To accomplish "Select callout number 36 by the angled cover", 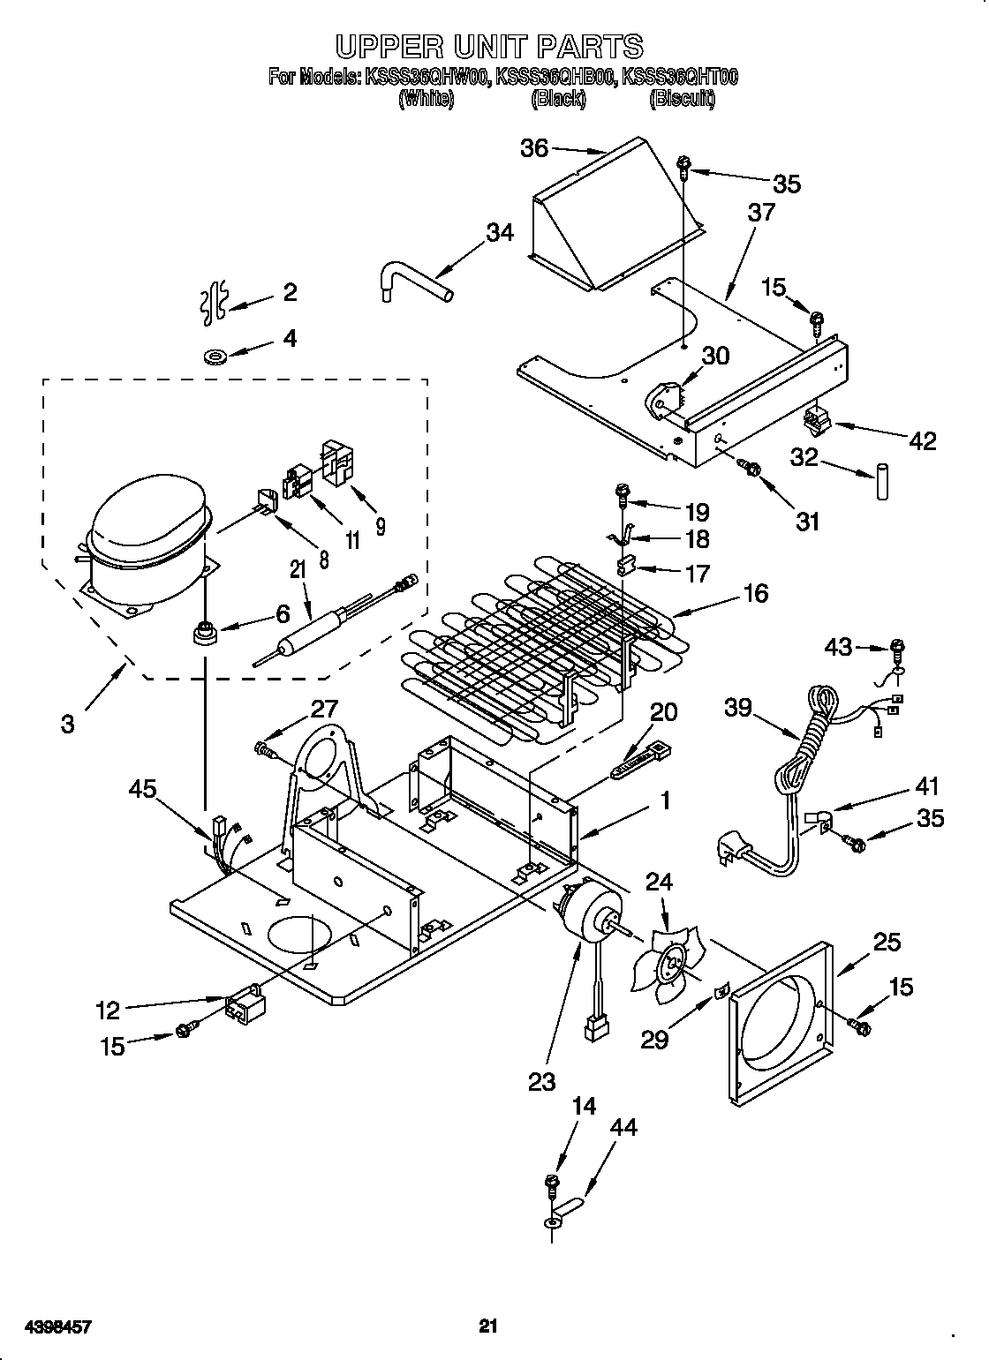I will point(534,148).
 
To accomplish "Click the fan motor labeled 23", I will point(587,918).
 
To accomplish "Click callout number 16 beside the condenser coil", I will point(755,592).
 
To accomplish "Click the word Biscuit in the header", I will point(682,100).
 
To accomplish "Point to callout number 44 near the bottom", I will point(622,1128).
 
